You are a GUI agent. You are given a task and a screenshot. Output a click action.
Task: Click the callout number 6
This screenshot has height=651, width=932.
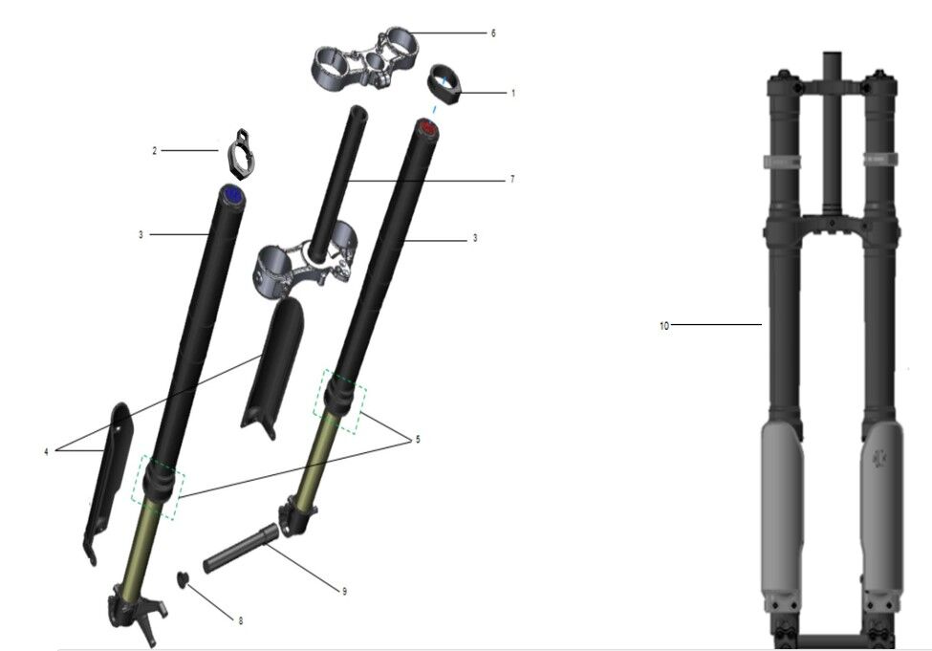pos(492,33)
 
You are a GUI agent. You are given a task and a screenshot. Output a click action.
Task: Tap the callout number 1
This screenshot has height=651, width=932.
pos(513,94)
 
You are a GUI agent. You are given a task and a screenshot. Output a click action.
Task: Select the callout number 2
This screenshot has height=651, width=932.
pos(155,151)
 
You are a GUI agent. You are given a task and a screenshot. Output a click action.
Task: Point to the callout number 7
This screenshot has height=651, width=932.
pos(512,179)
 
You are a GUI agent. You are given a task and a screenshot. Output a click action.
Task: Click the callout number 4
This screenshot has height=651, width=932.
pos(47,452)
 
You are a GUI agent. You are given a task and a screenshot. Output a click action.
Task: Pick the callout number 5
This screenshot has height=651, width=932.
pos(418,440)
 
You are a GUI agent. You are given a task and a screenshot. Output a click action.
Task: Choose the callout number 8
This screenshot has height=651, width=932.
pos(241,620)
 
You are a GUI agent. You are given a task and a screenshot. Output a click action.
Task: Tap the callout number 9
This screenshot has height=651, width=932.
pos(344,591)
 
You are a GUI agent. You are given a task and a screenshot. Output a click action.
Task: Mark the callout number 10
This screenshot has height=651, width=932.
pos(664,326)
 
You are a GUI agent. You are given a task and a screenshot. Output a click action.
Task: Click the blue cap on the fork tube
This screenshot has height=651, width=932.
pos(231,194)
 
